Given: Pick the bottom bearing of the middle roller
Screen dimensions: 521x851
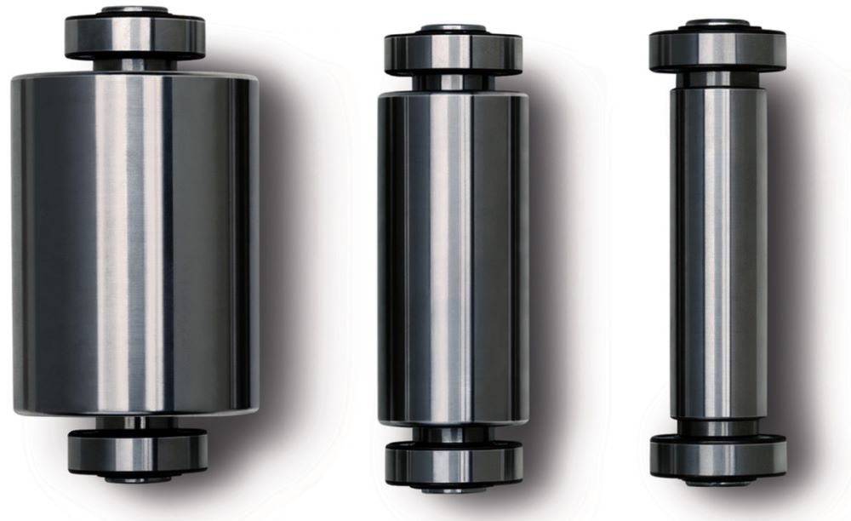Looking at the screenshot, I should (454, 463).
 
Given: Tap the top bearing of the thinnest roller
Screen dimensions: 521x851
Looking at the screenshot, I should (717, 50).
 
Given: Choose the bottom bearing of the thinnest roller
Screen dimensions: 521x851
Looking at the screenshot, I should (717, 455).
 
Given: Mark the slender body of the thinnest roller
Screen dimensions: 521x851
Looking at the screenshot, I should (717, 252).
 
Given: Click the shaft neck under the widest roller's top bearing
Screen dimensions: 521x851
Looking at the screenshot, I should (135, 65).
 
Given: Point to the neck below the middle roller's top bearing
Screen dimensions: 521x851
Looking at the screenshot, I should (453, 83).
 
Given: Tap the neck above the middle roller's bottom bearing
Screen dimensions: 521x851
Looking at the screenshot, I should (454, 434).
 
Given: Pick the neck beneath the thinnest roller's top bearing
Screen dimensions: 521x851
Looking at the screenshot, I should (717, 78).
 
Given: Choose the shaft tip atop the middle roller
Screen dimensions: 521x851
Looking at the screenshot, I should (453, 28).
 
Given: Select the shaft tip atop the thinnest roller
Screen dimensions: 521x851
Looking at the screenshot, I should (717, 23).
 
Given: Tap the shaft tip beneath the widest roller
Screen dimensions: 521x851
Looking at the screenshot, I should (137, 478).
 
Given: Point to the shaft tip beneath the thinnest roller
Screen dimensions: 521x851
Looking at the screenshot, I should (717, 482).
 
